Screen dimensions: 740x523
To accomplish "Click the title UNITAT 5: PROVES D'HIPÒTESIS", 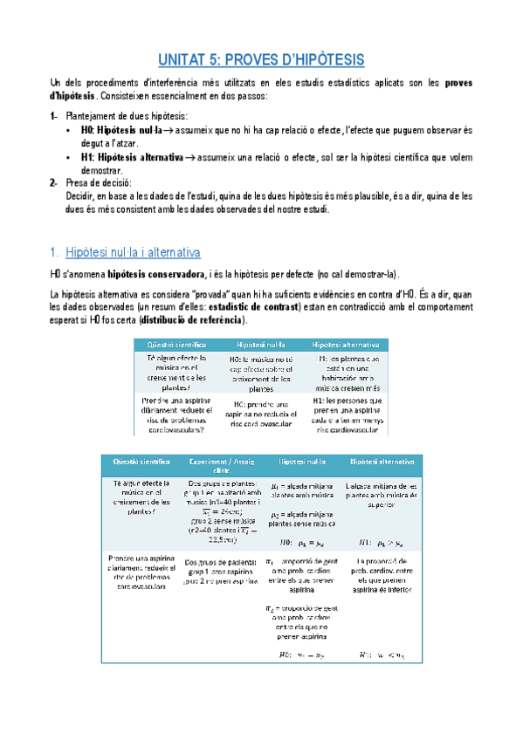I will click(261, 60).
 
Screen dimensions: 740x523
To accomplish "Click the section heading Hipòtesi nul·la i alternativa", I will click(134, 252).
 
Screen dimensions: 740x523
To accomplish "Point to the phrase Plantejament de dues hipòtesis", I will click(126, 116).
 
